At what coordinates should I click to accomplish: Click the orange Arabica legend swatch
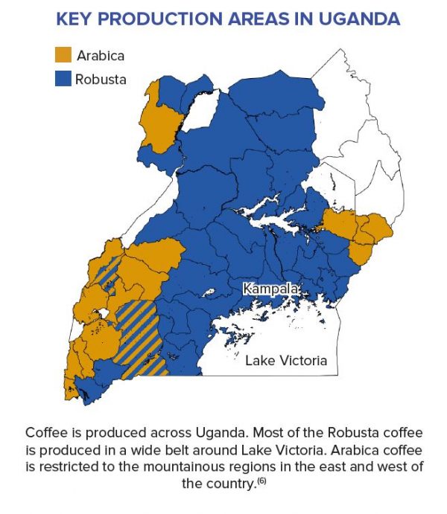(64, 55)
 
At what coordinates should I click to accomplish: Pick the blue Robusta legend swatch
(64, 79)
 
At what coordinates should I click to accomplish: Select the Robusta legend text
(101, 79)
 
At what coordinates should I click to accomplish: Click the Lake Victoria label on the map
(286, 361)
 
